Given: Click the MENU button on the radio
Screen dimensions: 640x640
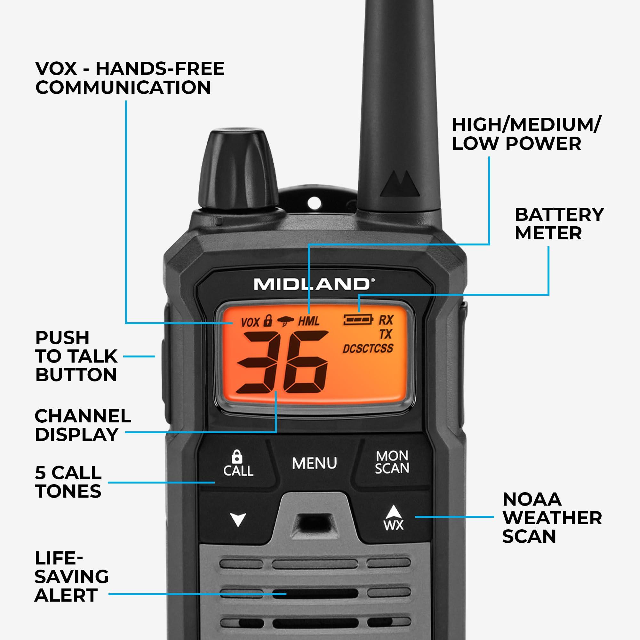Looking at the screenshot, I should [314, 463].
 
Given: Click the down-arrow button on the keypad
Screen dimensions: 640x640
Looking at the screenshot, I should [238, 519].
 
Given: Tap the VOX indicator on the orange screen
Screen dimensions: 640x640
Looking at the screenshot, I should [250, 322].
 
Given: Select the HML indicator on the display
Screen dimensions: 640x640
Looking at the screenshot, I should [308, 321].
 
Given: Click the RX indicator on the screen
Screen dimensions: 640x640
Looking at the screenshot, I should [386, 320].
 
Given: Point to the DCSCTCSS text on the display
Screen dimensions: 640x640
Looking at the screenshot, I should [368, 348].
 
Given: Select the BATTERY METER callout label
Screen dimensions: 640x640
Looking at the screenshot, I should [559, 224].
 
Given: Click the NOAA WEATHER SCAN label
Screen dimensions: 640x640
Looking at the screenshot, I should [552, 518].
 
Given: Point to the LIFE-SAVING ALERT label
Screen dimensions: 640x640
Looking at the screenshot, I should [71, 577].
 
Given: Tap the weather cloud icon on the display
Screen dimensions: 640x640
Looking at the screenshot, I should [285, 321].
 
